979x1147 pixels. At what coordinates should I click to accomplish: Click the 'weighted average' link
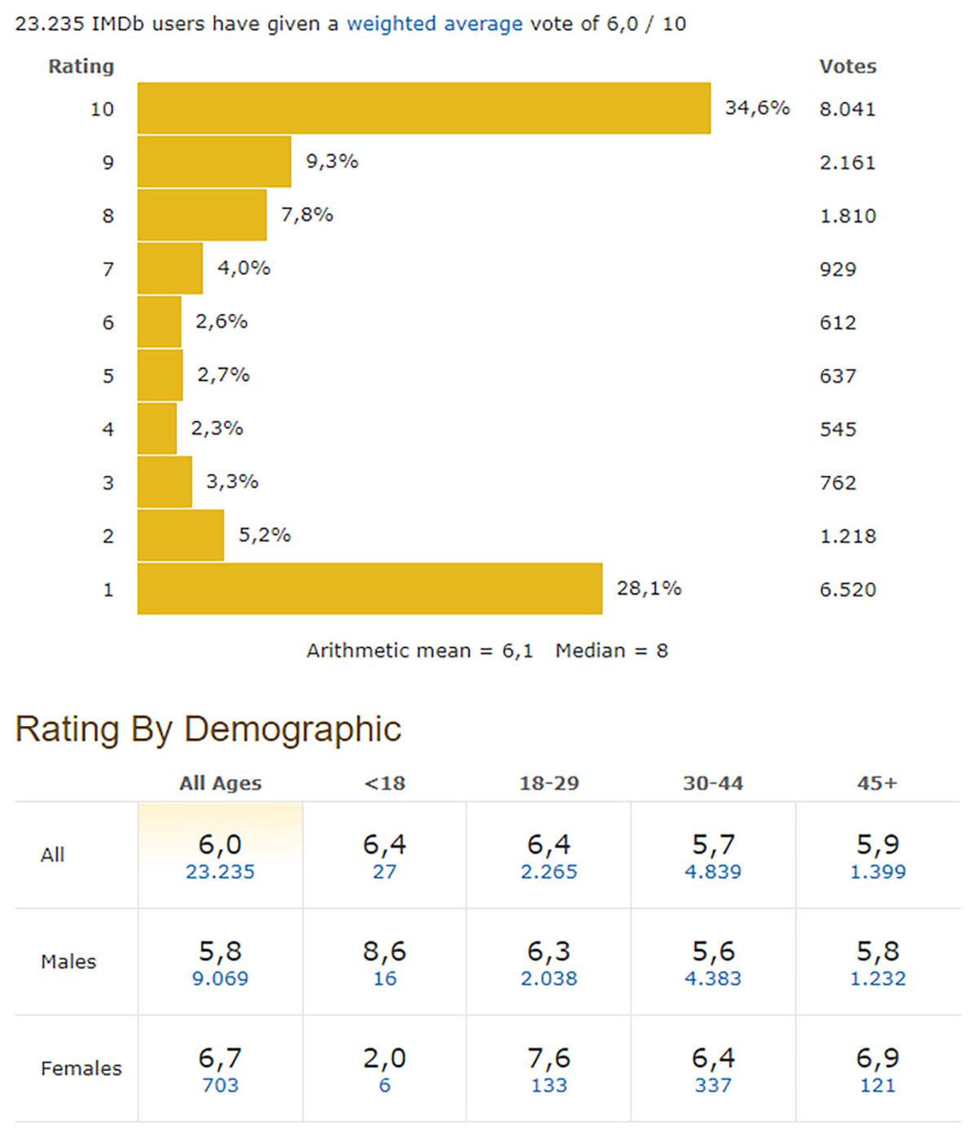(x=434, y=24)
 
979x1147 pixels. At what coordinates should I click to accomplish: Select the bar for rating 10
(x=423, y=108)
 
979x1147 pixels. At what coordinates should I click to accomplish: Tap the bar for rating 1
(x=370, y=588)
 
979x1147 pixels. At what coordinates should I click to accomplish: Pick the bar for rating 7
(x=170, y=268)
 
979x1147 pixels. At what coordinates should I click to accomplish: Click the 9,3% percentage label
(x=332, y=162)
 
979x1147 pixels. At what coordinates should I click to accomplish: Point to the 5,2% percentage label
(x=264, y=535)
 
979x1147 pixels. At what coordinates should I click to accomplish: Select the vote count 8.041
(x=847, y=109)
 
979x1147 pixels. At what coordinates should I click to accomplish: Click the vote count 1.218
(x=847, y=536)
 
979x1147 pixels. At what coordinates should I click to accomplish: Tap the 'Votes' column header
(x=847, y=67)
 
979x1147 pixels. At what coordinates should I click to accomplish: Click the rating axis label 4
(x=108, y=429)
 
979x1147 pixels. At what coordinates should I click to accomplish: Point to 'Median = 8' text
(x=611, y=651)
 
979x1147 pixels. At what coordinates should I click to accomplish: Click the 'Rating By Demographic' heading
(x=208, y=728)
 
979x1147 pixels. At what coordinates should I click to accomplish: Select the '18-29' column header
(x=548, y=783)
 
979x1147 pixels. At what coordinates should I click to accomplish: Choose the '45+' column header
(x=877, y=783)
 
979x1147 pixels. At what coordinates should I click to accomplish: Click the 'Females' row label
(x=81, y=1068)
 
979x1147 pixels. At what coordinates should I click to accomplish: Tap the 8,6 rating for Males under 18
(x=384, y=951)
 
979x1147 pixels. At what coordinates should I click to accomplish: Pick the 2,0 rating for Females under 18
(x=384, y=1058)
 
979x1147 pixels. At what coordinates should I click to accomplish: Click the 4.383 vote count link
(x=712, y=978)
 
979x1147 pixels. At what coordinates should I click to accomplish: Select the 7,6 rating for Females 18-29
(x=548, y=1058)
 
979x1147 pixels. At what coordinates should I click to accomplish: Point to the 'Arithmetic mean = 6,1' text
(x=419, y=651)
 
